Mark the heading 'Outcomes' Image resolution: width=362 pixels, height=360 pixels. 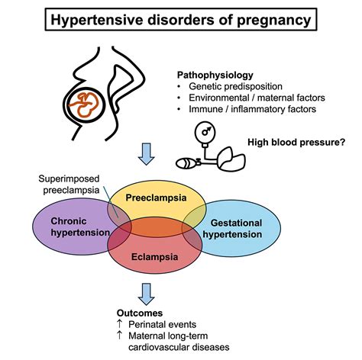point(139,313)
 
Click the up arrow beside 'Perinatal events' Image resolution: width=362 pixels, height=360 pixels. point(120,325)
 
